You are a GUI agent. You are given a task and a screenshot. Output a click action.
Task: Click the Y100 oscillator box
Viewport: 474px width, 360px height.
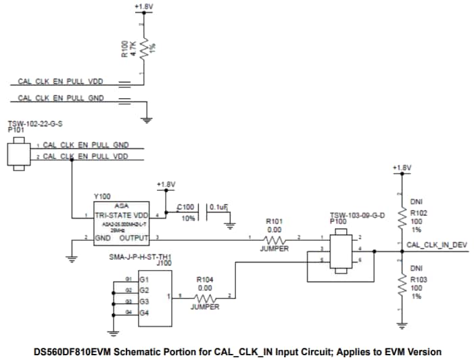click(x=121, y=223)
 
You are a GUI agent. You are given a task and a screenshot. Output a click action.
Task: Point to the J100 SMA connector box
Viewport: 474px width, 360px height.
click(x=153, y=296)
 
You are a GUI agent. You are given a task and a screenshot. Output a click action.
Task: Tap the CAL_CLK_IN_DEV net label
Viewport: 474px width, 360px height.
click(x=436, y=244)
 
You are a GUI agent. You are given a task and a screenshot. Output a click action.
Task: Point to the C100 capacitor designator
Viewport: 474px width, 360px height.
click(x=185, y=207)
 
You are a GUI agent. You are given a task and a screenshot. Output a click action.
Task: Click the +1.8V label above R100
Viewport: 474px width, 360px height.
click(x=143, y=6)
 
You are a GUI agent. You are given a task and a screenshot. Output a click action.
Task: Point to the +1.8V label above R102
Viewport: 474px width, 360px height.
click(x=402, y=167)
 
